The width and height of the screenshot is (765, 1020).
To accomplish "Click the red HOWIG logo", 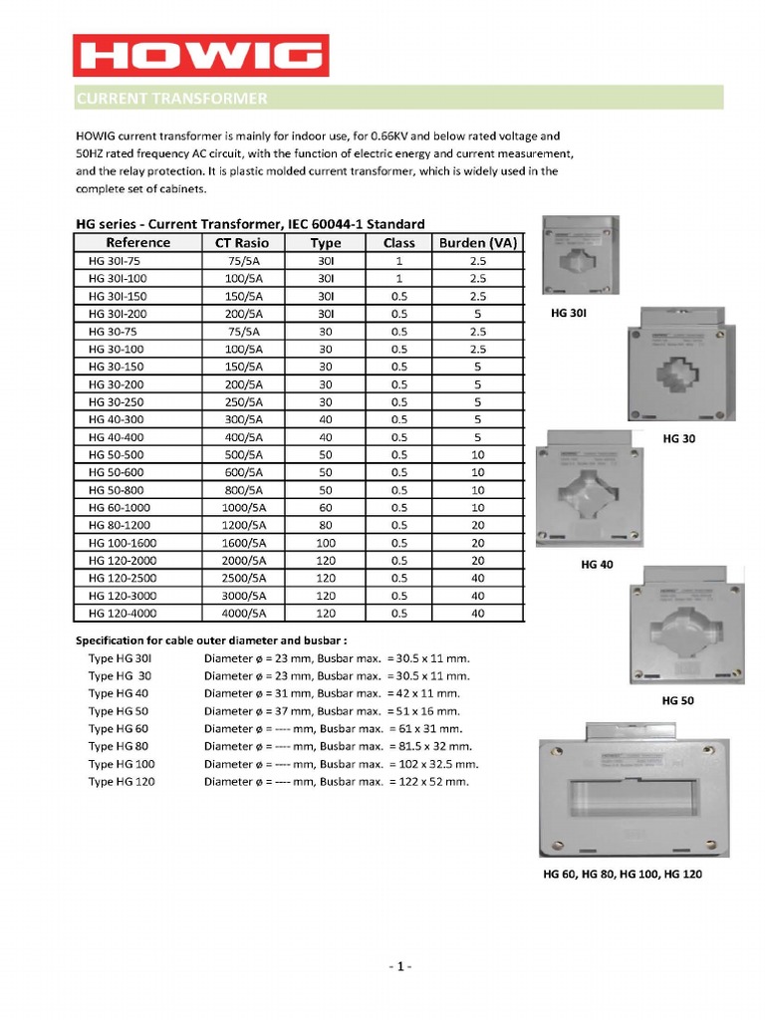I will click(200, 55).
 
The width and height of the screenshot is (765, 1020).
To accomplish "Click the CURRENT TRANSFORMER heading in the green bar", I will click(172, 98).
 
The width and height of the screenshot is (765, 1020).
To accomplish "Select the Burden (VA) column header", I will click(477, 242).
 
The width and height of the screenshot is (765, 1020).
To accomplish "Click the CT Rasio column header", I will click(243, 242).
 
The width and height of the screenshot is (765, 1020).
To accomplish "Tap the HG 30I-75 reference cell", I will click(117, 261).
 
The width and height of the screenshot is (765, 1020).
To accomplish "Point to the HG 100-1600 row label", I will click(122, 543).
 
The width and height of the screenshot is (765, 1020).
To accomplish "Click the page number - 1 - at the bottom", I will click(398, 967).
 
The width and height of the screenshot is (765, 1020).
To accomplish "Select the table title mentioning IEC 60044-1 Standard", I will click(250, 224).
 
